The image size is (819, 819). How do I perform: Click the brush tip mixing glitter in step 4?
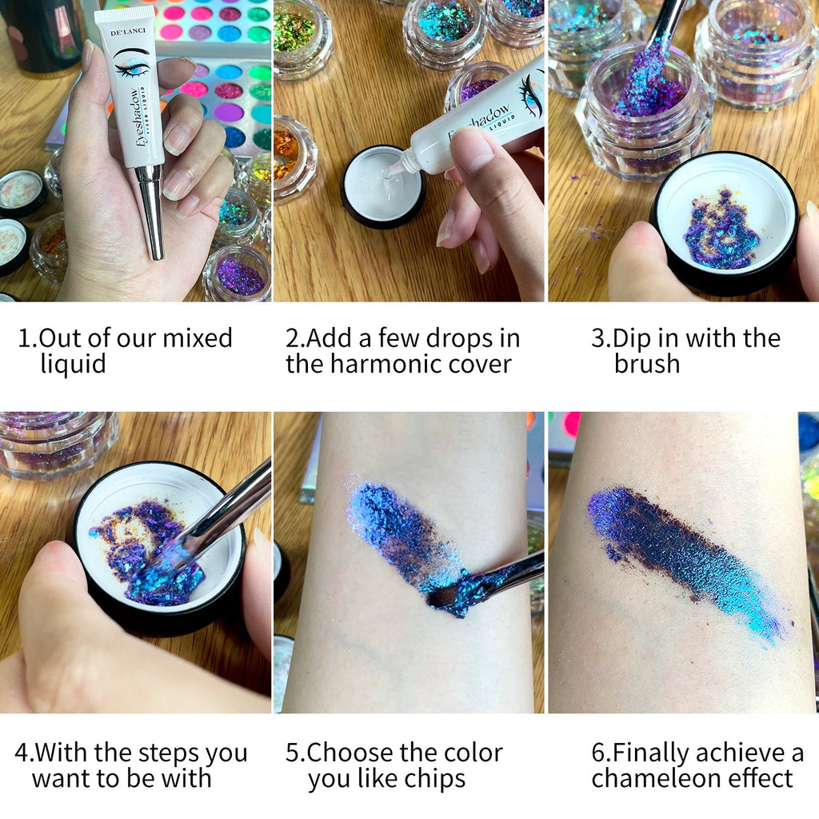[168, 561]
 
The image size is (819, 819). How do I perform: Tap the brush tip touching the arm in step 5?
[445, 596]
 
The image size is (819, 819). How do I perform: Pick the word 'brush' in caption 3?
[646, 365]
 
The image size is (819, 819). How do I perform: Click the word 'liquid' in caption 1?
[73, 365]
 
